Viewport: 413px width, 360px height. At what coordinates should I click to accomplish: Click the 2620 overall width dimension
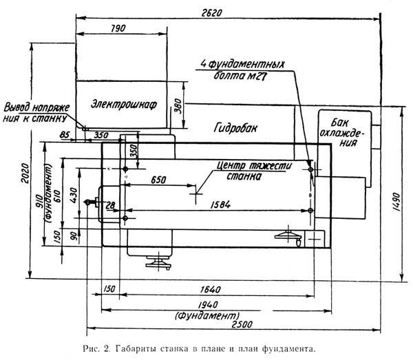212,13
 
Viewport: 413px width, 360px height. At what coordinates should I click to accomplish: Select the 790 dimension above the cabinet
118,28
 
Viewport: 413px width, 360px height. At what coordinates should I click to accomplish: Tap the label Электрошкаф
124,105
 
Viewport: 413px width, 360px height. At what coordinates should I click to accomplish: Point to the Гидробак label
235,128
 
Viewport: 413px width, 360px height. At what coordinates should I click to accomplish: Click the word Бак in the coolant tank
339,123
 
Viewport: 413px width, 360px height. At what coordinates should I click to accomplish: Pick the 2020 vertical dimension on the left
25,173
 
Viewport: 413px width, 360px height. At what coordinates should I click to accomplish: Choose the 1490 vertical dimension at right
395,202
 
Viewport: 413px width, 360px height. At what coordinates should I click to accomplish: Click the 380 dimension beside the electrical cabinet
178,106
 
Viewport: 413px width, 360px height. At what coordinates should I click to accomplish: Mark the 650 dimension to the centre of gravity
158,180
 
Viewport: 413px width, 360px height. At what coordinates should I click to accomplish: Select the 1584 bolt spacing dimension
220,204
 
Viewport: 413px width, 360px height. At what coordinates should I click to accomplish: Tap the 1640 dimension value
210,289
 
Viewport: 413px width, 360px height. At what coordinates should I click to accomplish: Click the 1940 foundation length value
208,305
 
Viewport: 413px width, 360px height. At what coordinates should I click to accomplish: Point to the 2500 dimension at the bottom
242,324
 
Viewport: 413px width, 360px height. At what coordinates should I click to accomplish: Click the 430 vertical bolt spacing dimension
74,195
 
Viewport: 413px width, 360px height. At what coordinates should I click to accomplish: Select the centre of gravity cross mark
195,194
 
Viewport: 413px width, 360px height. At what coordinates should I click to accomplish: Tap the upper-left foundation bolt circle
125,169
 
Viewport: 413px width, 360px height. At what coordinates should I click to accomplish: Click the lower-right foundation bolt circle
310,211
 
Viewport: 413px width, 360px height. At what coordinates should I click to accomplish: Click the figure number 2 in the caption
106,349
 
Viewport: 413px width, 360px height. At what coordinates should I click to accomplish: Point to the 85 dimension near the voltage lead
65,135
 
